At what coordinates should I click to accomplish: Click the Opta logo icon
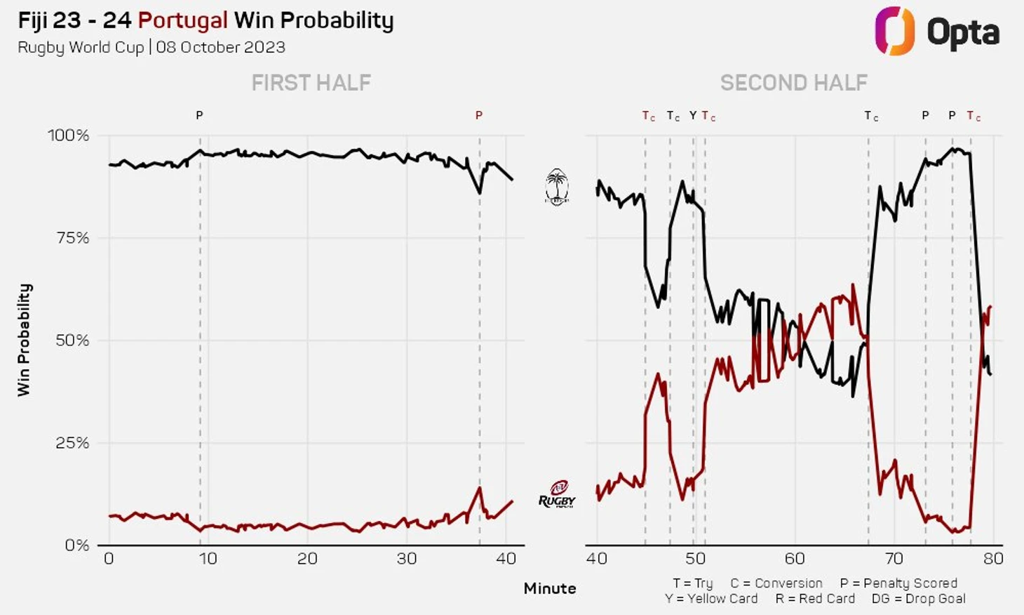(x=894, y=31)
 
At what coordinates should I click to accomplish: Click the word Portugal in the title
(x=182, y=20)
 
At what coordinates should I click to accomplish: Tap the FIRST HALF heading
(x=311, y=83)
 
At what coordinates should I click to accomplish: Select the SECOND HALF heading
(x=793, y=83)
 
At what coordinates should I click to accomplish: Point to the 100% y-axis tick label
(x=68, y=135)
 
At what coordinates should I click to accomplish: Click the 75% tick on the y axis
(x=72, y=237)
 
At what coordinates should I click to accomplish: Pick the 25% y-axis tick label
(x=72, y=442)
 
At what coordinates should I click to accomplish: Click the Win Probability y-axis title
(x=25, y=340)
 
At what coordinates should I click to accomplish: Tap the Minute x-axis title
(x=549, y=588)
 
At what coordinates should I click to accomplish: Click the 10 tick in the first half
(x=208, y=559)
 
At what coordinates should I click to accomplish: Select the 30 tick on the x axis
(x=407, y=559)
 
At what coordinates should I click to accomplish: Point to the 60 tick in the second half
(x=795, y=559)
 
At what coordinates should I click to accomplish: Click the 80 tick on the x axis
(x=993, y=559)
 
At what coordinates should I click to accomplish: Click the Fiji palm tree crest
(x=557, y=187)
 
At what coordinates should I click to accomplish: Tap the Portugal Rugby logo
(x=557, y=494)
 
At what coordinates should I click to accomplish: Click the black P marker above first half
(x=199, y=115)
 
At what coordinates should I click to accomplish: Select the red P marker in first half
(x=479, y=115)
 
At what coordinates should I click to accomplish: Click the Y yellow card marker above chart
(x=693, y=115)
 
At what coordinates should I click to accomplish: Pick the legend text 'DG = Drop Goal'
(x=918, y=599)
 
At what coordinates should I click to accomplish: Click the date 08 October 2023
(x=220, y=47)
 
